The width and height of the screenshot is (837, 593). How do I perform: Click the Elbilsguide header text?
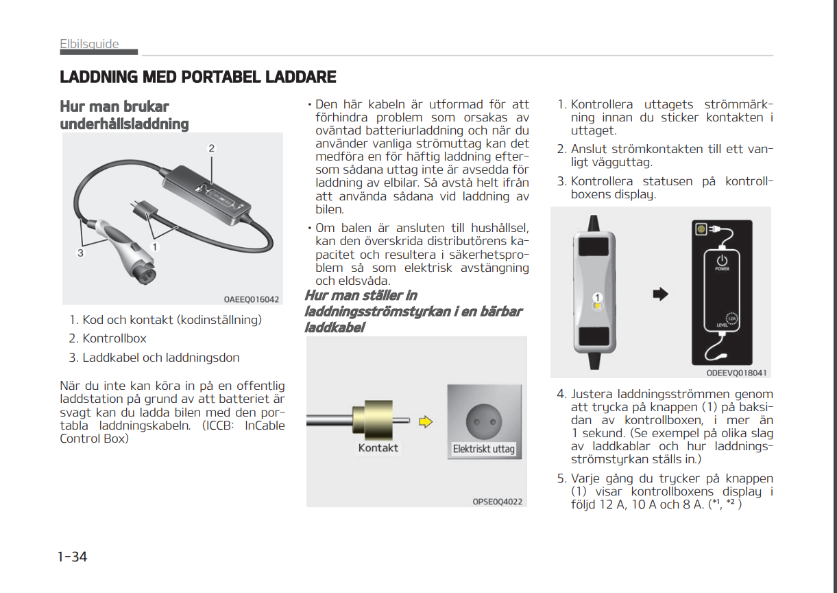coord(89,45)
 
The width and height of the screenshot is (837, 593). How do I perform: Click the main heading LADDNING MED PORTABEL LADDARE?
coord(198,77)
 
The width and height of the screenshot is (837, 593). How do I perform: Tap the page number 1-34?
coord(72,557)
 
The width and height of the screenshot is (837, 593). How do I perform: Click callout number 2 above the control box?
coord(212,148)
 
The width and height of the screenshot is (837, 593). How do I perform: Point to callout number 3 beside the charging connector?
coord(80,253)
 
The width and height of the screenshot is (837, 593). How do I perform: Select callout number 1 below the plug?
coord(156,246)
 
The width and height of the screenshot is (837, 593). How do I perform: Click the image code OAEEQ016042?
coord(251,299)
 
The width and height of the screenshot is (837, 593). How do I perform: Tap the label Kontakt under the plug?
coord(378,447)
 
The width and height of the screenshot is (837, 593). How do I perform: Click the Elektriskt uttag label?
coord(483,450)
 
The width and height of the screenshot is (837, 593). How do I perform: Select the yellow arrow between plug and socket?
coord(426,421)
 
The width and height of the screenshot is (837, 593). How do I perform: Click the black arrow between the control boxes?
coord(659,294)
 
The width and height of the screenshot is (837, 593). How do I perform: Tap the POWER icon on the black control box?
coord(722,261)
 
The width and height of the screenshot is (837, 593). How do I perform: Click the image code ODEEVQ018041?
coord(736,373)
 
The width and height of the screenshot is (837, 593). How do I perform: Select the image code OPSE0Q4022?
coord(497,502)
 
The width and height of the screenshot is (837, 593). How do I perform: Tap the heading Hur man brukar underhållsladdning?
coord(124,115)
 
